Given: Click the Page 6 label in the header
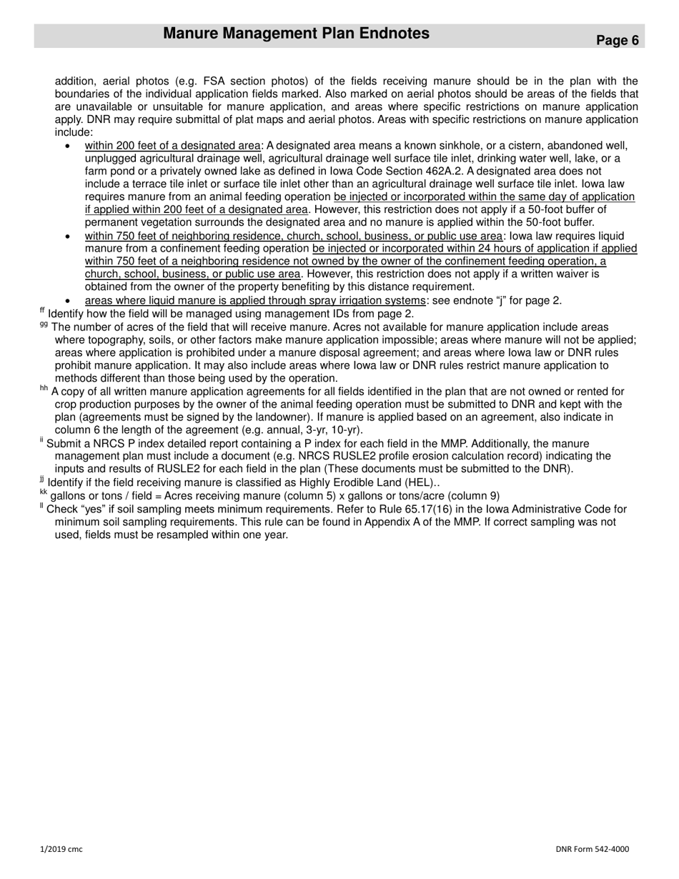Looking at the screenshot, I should tap(618, 41).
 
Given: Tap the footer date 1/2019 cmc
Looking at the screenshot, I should tap(61, 849).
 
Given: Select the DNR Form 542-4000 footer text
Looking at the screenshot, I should tap(593, 849).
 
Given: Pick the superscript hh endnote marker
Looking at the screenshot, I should tap(44, 389).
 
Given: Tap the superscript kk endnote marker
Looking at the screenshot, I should tap(43, 493).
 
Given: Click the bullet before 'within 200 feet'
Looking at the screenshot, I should tap(67, 146).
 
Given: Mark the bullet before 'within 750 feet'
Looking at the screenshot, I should tap(67, 237).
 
